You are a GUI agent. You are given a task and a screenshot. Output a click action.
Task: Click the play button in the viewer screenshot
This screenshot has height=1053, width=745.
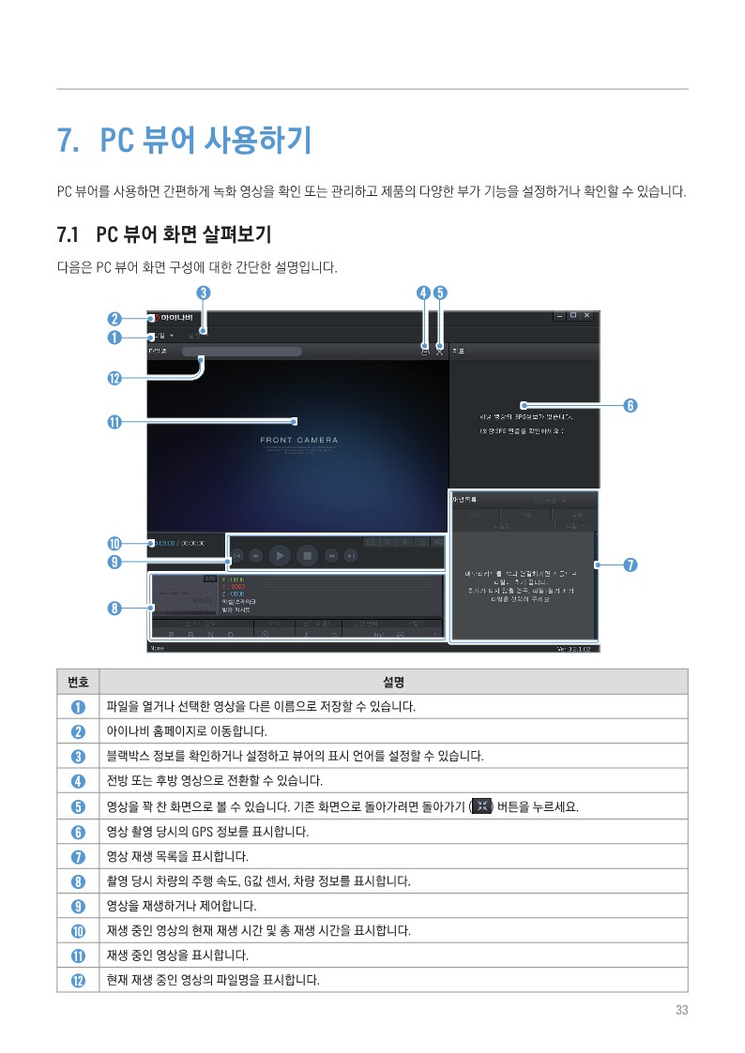280,555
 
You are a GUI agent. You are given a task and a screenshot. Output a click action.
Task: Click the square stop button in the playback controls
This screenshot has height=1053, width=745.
307,555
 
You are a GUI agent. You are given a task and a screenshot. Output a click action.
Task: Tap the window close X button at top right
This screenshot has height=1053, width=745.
587,316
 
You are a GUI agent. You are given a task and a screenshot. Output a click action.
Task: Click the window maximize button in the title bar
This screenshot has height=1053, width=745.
573,316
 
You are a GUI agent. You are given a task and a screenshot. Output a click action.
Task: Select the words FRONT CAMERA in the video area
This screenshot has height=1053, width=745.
299,440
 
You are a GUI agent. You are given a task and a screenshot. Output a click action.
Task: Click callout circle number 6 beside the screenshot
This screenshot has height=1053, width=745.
631,405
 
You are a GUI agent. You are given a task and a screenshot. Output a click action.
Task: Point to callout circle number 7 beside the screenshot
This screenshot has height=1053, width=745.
631,564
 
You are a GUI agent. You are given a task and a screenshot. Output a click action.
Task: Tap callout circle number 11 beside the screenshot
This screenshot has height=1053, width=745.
114,421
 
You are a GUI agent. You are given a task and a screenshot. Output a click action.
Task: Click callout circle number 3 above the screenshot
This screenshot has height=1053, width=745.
203,293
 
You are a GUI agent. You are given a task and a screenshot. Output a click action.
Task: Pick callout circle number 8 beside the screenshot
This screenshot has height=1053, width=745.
114,608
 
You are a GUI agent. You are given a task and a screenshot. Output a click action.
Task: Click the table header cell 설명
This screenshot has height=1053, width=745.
393,681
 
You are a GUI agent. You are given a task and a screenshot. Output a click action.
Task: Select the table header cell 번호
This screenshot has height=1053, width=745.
78,681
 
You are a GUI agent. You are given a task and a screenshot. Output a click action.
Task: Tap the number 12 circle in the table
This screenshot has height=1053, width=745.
79,981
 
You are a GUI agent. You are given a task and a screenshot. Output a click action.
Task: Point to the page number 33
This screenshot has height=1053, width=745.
681,1010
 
